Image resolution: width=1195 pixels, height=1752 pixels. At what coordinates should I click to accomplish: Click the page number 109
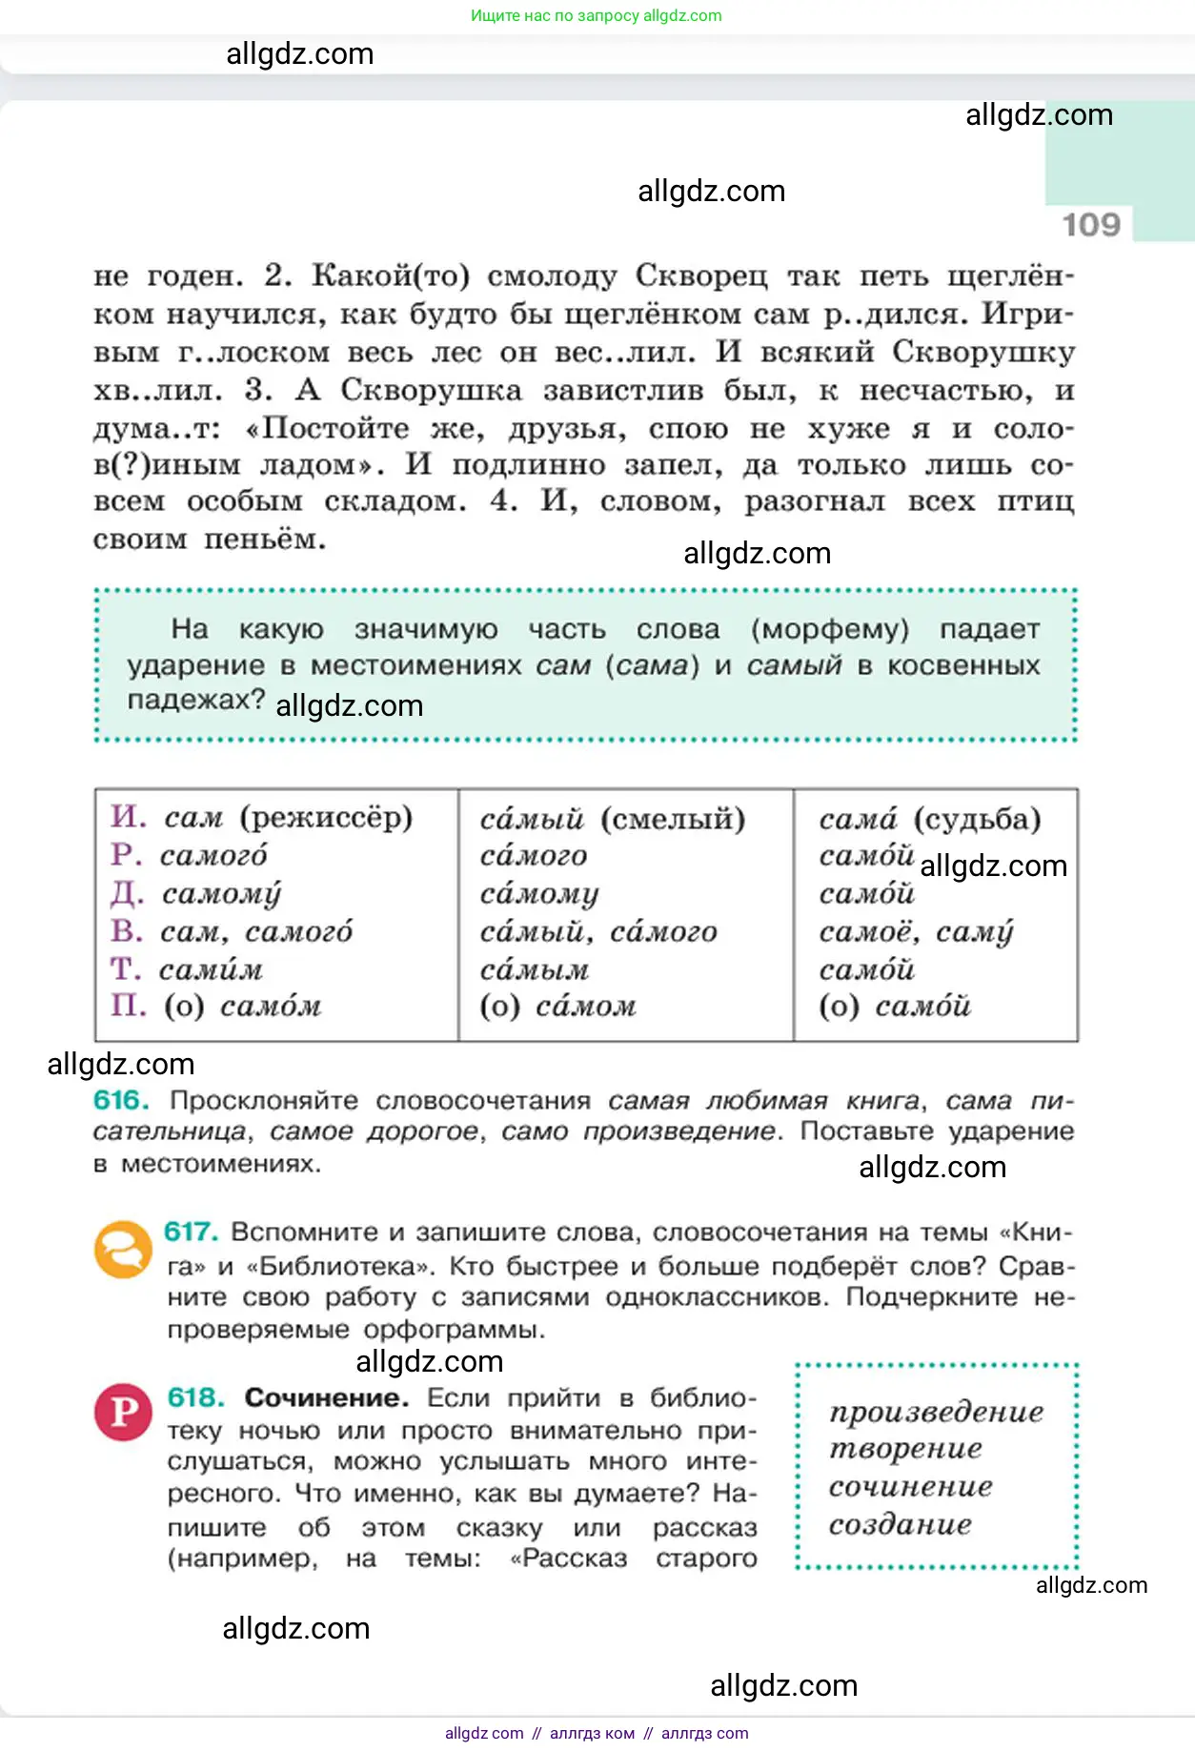click(x=1091, y=225)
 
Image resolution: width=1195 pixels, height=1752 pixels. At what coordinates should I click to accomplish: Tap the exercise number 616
click(x=121, y=1100)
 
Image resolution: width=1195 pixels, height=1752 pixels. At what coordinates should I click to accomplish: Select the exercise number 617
click(x=192, y=1232)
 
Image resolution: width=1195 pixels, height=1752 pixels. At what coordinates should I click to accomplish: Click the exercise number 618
click(x=195, y=1397)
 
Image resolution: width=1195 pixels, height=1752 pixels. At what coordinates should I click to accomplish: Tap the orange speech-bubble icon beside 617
click(x=123, y=1249)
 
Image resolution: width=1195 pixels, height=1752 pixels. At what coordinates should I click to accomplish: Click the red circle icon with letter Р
click(x=123, y=1412)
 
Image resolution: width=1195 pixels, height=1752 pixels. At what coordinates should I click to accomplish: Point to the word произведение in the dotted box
click(x=936, y=1412)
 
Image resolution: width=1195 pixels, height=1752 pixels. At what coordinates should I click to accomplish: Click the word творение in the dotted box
click(x=904, y=1449)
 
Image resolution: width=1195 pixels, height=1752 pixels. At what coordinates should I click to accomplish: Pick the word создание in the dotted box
click(x=900, y=1524)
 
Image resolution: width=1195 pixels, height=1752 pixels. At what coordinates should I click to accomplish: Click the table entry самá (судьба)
click(x=929, y=819)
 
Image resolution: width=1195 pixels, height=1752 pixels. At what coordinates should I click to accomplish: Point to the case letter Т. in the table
click(x=126, y=969)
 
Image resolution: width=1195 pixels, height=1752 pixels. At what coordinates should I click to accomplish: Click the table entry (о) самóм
click(x=243, y=1007)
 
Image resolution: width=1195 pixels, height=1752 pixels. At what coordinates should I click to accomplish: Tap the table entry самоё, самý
click(x=916, y=931)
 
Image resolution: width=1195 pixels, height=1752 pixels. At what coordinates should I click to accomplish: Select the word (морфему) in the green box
click(x=830, y=629)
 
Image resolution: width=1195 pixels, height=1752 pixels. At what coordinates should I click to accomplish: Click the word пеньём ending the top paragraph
click(x=265, y=540)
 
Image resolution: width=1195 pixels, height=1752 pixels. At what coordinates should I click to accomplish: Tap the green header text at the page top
click(x=596, y=15)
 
